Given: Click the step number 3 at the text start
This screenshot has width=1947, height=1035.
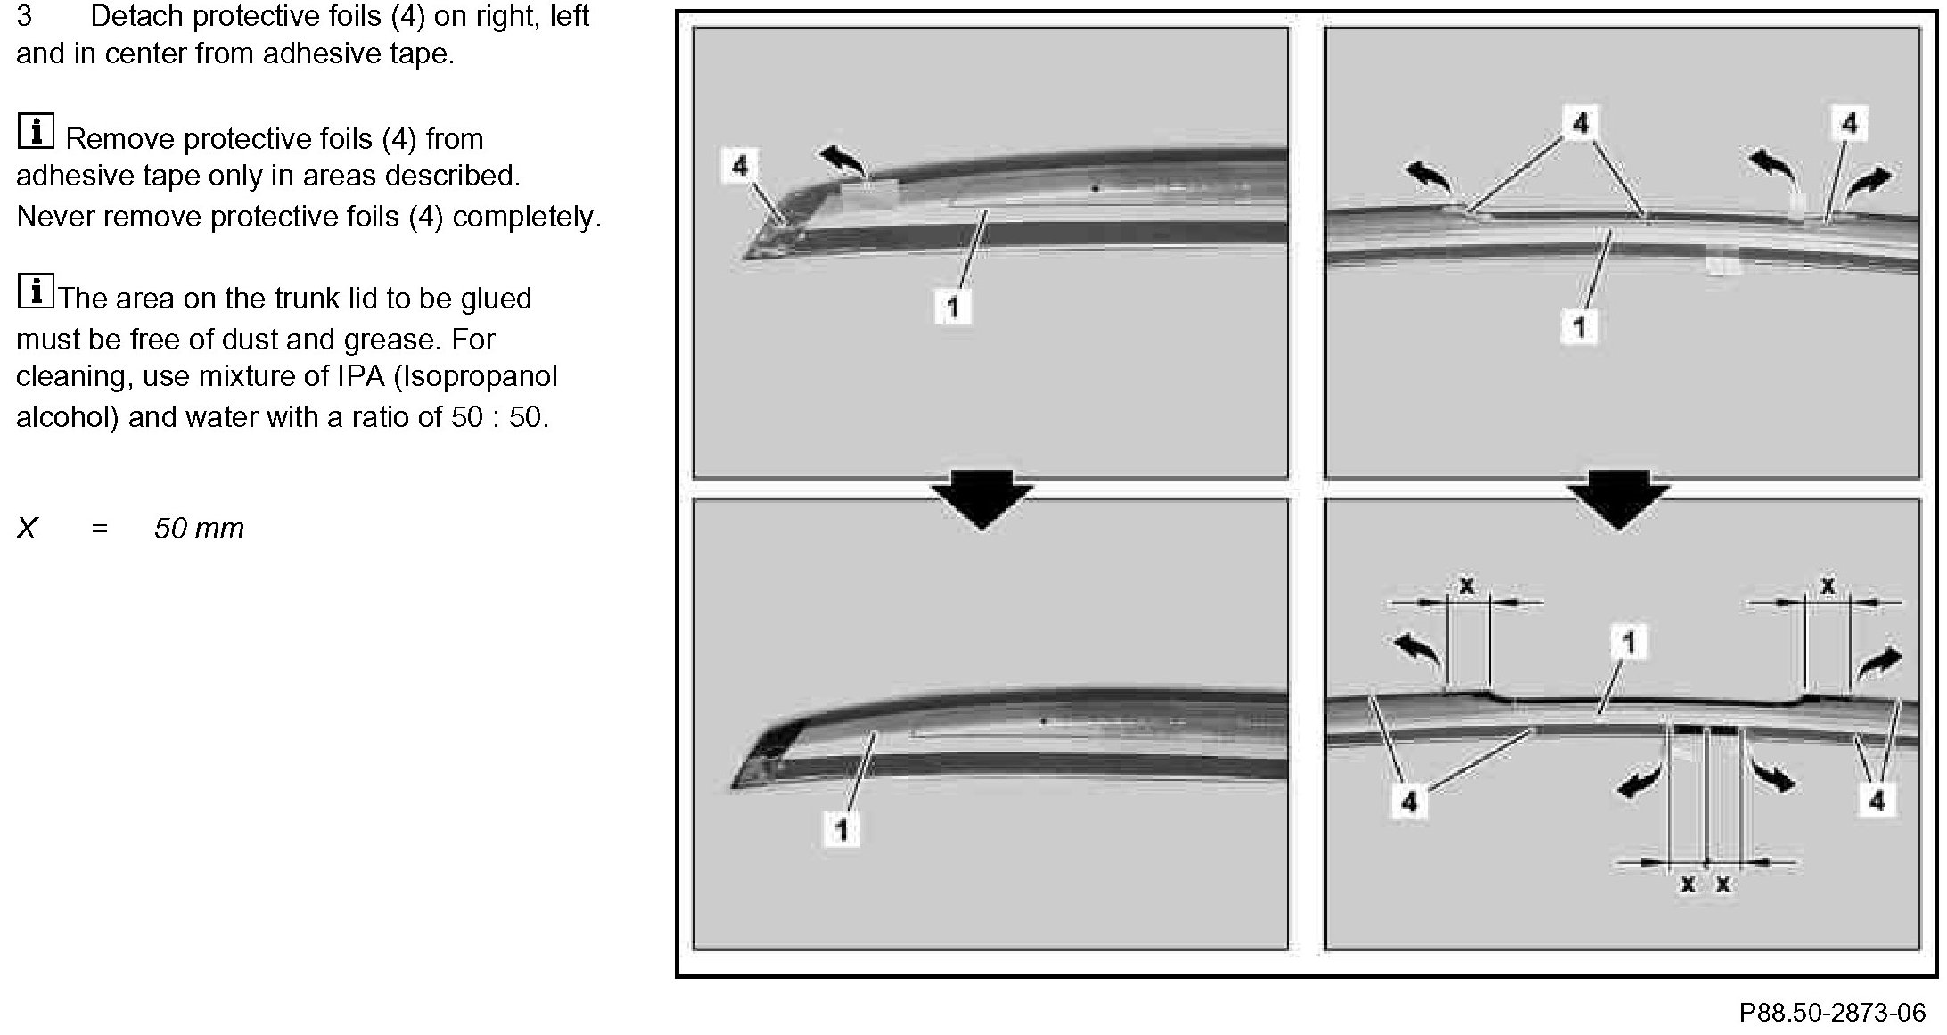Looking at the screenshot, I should (x=24, y=17).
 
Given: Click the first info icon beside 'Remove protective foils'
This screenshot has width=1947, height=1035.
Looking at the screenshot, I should (x=36, y=132).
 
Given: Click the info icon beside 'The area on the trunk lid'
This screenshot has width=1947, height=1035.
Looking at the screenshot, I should (x=36, y=292).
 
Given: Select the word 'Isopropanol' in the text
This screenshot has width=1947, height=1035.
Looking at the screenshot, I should (x=476, y=376).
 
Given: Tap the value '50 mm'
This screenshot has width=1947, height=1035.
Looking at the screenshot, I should (x=199, y=529).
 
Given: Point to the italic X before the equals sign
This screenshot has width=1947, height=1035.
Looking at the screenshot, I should (x=28, y=529).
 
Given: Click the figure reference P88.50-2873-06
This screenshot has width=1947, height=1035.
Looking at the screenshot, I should (x=1832, y=1013).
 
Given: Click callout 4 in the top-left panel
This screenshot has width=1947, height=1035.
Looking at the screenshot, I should (x=739, y=166).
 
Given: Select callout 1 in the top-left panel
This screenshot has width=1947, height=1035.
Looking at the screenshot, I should (x=952, y=307).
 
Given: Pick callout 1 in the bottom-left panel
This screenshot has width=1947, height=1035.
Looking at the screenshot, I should (x=841, y=829).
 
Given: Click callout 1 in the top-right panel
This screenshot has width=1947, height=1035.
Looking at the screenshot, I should (x=1578, y=327).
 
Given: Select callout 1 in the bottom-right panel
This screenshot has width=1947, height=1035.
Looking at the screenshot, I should (x=1628, y=642).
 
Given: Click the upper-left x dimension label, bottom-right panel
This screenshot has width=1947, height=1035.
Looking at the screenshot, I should (x=1466, y=586).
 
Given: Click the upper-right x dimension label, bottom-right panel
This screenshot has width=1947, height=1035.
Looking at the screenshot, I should (x=1828, y=586).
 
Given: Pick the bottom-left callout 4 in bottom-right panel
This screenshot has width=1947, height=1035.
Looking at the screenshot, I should (x=1409, y=802).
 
